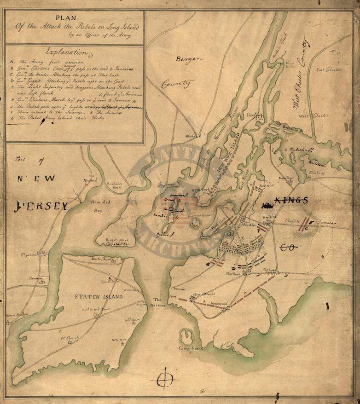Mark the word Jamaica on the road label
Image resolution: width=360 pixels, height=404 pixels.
[327, 222]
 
